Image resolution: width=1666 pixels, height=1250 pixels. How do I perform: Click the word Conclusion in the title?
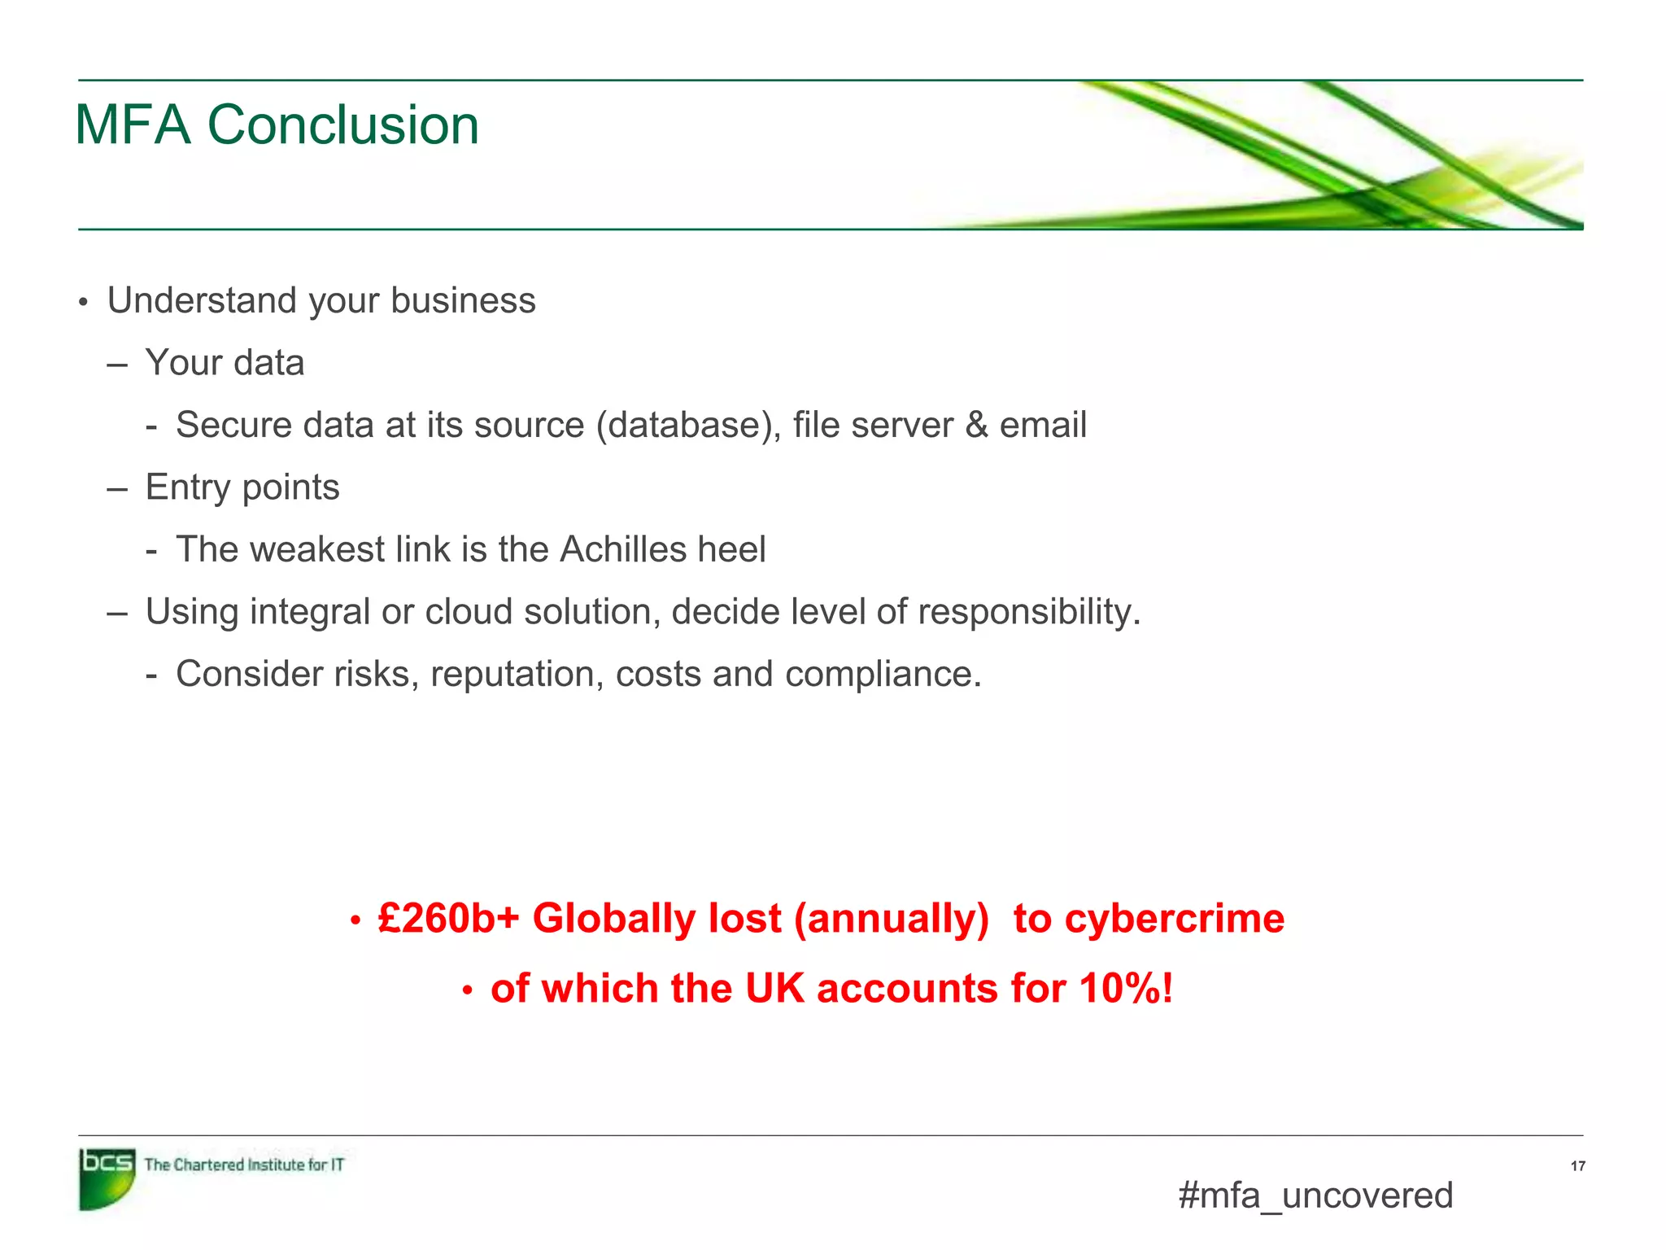tap(342, 125)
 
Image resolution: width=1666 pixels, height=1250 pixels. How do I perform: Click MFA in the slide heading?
tap(133, 125)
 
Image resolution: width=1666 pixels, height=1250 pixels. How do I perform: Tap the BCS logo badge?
tap(107, 1178)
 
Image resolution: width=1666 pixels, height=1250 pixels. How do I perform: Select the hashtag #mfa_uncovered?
tap(1315, 1195)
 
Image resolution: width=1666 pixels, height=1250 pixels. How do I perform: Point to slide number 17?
tap(1577, 1166)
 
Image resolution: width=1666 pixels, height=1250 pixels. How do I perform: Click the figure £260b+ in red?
tap(448, 919)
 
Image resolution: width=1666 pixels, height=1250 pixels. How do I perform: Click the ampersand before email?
tap(976, 425)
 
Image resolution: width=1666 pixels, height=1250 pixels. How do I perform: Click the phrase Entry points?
tap(242, 487)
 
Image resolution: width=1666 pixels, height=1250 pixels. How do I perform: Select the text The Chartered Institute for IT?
tap(244, 1165)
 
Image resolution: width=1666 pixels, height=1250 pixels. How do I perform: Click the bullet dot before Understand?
tap(82, 303)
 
